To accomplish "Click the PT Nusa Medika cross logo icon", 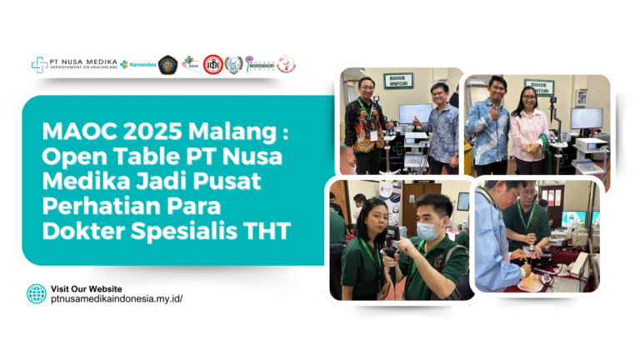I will [39, 63].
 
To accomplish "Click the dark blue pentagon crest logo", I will [167, 64].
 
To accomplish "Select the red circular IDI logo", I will [214, 64].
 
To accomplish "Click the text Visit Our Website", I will [86, 287].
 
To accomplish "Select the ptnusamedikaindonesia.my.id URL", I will [116, 298].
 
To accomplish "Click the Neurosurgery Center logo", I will [261, 65].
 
